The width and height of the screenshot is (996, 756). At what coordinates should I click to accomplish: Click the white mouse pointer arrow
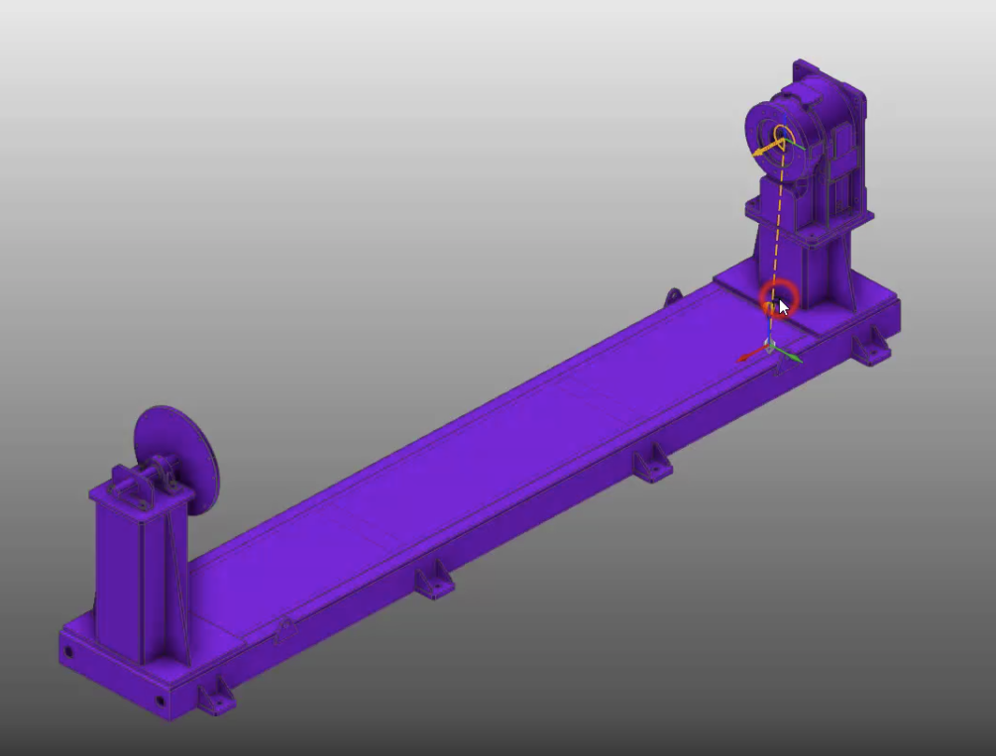(783, 306)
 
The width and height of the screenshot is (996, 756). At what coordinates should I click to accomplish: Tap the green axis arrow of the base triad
(792, 354)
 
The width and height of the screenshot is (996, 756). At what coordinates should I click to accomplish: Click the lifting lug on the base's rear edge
(674, 296)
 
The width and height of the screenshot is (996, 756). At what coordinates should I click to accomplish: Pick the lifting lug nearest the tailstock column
(283, 630)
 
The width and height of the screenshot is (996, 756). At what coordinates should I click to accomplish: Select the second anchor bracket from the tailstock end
(433, 581)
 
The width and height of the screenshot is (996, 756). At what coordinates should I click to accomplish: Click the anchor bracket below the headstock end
(871, 346)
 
